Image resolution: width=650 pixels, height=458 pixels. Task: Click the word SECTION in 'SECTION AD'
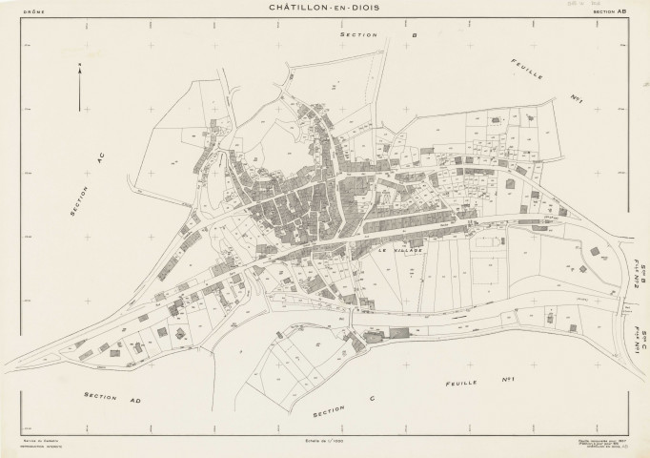(x=99, y=394)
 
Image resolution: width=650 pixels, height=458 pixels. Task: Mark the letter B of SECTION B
(x=388, y=34)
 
